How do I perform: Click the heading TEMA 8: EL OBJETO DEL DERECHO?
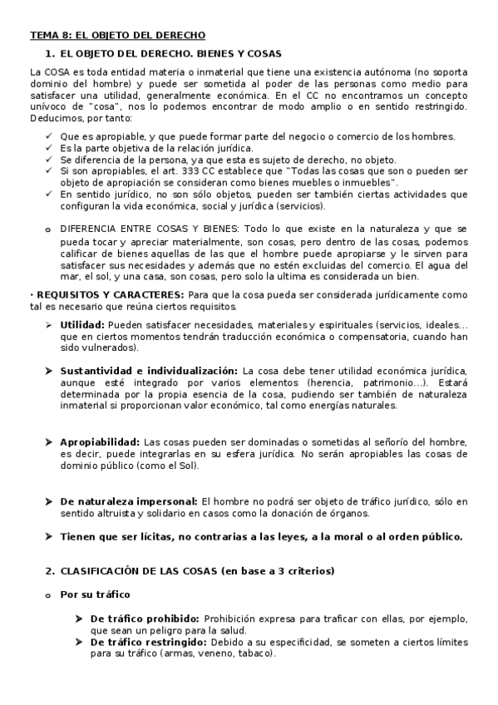click(x=117, y=35)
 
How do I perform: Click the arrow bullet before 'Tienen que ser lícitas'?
click(x=49, y=537)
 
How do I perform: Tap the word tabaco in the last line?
click(x=256, y=653)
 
